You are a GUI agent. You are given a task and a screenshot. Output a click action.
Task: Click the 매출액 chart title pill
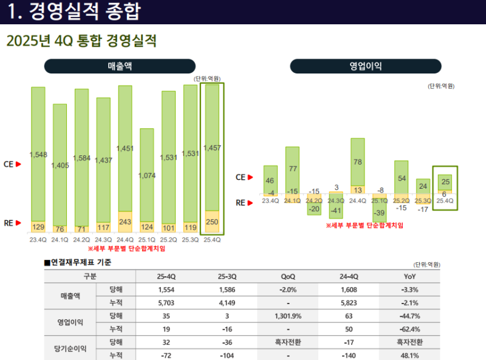(x=120, y=66)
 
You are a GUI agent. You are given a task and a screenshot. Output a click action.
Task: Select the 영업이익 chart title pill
(x=366, y=66)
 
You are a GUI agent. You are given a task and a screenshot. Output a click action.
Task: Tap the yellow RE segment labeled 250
(x=212, y=222)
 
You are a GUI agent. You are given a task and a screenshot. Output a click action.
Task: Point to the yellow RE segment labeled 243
(x=125, y=222)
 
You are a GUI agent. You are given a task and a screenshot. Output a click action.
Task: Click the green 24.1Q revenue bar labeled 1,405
(x=60, y=165)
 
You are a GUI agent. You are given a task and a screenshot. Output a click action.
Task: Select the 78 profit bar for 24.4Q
(x=357, y=161)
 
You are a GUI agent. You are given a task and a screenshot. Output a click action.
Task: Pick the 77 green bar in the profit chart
(x=292, y=168)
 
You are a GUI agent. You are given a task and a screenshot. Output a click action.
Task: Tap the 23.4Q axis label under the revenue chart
(x=38, y=239)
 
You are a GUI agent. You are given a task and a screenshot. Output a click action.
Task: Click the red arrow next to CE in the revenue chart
(x=18, y=164)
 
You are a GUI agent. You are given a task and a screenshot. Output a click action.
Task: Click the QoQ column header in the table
(x=288, y=276)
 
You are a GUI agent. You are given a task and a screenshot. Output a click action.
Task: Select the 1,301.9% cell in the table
(x=288, y=316)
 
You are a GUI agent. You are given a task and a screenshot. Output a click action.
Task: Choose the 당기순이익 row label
(x=72, y=349)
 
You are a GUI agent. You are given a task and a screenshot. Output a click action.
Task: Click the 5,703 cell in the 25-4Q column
(x=166, y=302)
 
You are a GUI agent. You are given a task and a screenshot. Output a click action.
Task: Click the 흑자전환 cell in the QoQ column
(x=288, y=342)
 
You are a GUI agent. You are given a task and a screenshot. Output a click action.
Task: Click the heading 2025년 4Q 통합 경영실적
(x=81, y=41)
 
